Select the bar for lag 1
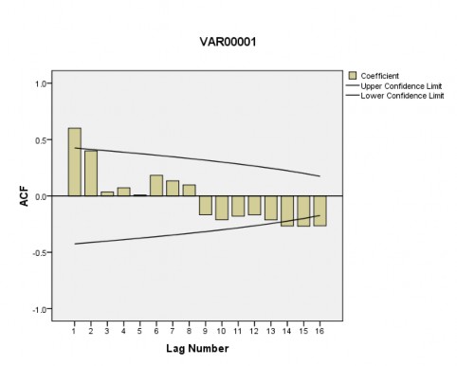(74, 162)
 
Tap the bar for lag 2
(90, 174)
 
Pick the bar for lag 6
(155, 186)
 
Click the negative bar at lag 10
(221, 208)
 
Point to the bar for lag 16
(320, 210)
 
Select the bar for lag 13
(270, 208)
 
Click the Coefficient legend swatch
(354, 75)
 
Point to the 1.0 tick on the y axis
(41, 83)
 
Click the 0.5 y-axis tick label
(41, 140)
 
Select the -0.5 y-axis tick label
(39, 253)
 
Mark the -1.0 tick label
(39, 310)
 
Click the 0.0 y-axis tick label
(41, 196)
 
